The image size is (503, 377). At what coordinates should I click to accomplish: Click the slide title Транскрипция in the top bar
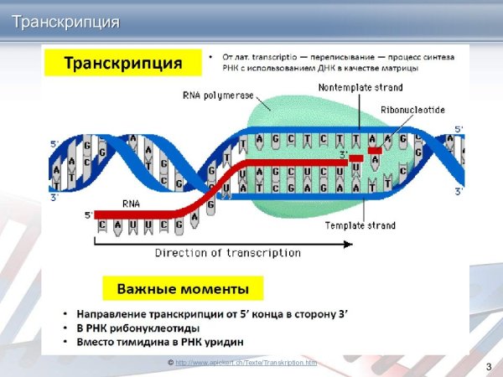click(x=65, y=21)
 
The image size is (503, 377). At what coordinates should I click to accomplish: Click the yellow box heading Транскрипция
click(x=123, y=64)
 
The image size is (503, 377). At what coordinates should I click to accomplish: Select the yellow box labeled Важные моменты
click(x=182, y=289)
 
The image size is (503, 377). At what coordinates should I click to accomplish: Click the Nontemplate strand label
click(x=360, y=87)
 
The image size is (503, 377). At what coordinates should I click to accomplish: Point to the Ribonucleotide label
click(x=411, y=109)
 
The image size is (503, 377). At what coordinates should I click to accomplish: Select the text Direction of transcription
click(x=227, y=253)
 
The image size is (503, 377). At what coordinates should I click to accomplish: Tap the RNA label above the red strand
click(x=132, y=203)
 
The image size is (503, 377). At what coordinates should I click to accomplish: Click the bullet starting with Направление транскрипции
click(x=210, y=313)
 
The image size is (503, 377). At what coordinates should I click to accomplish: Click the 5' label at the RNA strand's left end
click(x=88, y=215)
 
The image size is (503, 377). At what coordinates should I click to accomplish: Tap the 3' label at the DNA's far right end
click(x=459, y=192)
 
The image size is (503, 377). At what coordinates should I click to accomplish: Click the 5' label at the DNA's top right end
click(x=459, y=129)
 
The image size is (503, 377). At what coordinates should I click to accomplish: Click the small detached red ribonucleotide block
click(x=374, y=151)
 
